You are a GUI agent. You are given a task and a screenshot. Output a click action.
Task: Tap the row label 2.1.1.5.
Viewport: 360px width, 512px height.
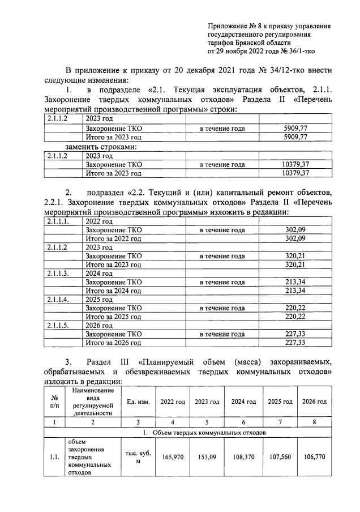(x=58, y=326)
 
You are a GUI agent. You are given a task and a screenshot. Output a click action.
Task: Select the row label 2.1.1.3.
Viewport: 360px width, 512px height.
(x=58, y=274)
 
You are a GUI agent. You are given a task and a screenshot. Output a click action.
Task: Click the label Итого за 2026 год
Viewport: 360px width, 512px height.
(x=113, y=343)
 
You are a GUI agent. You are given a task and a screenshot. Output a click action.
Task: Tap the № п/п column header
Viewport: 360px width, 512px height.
(x=54, y=402)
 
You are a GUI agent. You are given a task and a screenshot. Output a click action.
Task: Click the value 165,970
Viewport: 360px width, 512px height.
(x=172, y=456)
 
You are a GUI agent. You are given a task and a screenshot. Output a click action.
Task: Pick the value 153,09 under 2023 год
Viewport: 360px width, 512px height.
(x=207, y=456)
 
